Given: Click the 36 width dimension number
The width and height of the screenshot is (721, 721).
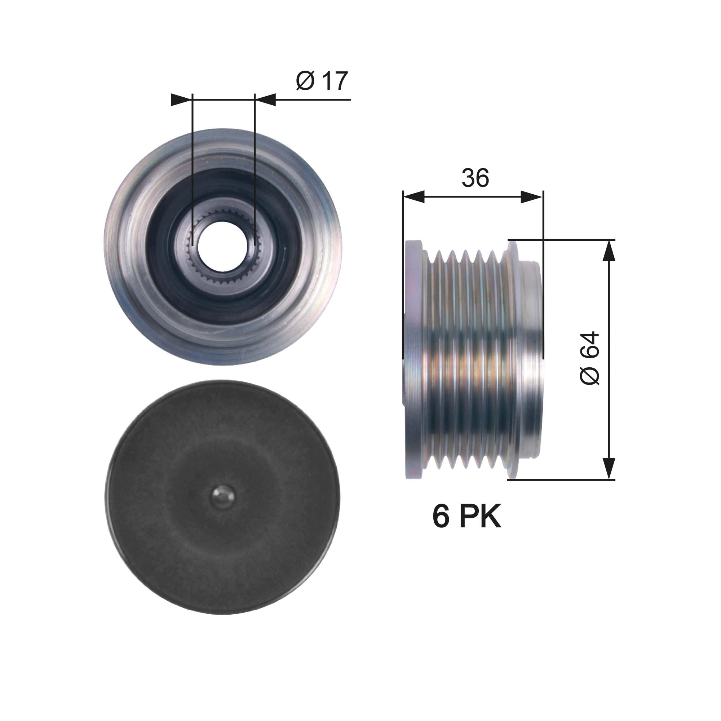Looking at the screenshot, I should tap(475, 178).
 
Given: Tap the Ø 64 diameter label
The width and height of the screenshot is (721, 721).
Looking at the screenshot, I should tap(589, 358).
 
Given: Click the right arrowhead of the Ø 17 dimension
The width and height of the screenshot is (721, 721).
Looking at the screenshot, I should tap(266, 99).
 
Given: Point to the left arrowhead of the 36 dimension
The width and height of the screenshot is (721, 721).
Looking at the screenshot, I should tap(414, 197).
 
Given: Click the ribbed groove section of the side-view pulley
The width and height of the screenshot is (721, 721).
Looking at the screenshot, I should tap(466, 358).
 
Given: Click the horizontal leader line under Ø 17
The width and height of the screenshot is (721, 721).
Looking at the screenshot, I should tap(314, 99).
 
